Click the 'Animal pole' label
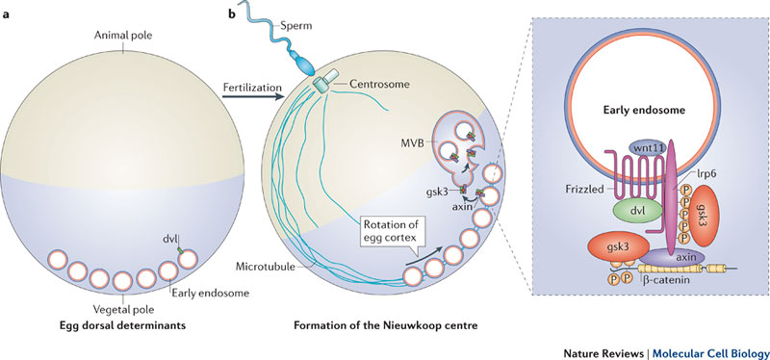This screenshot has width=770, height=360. tap(122, 36)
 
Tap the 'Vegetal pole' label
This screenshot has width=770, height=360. tap(124, 309)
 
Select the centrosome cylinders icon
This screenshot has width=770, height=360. tap(325, 81)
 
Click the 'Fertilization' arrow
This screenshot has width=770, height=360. tap(253, 97)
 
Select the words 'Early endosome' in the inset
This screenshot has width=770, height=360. tap(643, 111)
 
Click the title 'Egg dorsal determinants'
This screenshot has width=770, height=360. tap(123, 325)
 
